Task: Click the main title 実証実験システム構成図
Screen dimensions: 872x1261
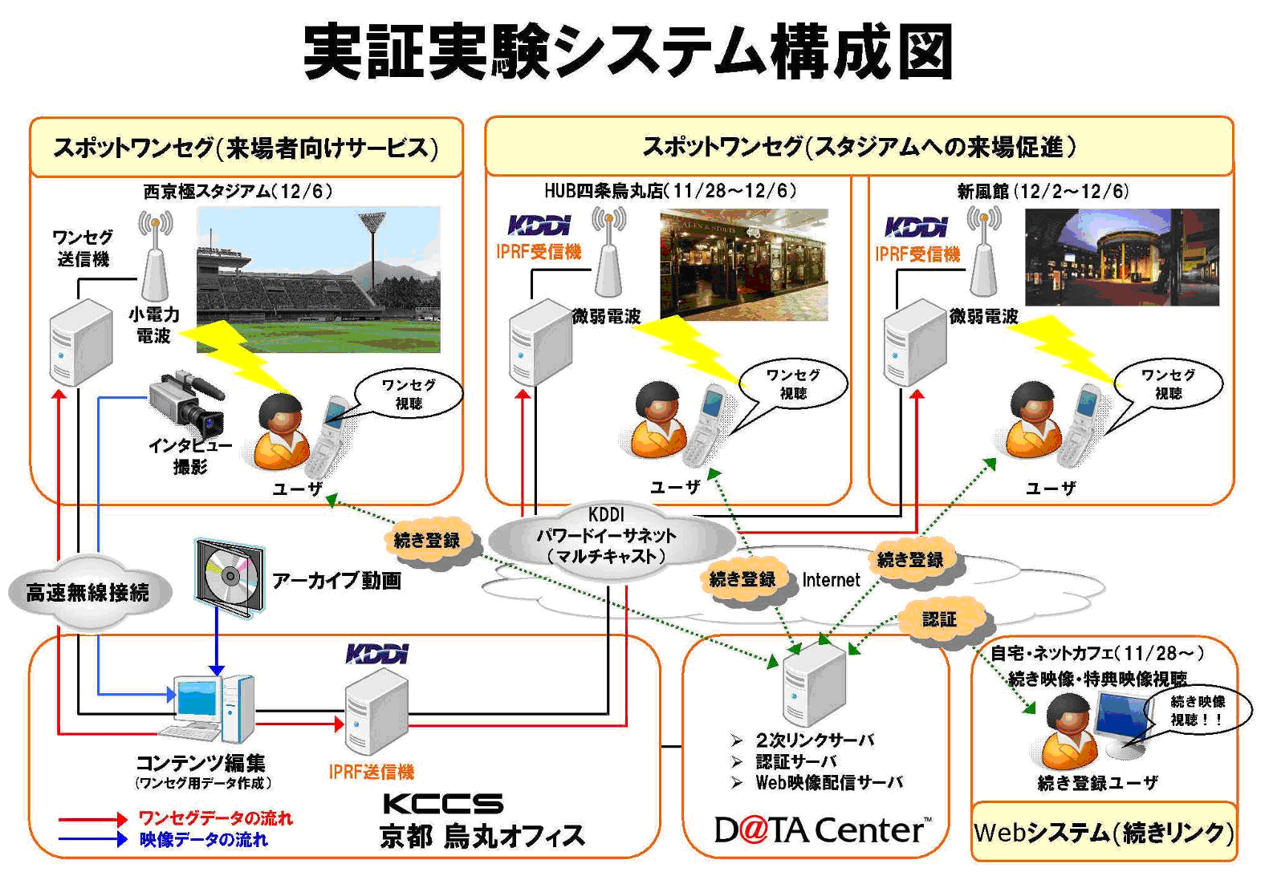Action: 628,51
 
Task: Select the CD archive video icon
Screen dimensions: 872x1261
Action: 230,577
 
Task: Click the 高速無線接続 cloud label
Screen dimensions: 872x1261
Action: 87,593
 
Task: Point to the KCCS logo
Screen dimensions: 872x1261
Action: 443,803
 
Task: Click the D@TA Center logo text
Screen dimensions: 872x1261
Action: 823,830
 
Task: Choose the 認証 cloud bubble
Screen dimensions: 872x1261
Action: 940,619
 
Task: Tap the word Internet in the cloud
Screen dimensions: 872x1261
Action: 831,580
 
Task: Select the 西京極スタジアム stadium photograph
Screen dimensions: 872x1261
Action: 318,279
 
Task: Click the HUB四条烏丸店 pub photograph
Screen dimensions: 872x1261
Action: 743,265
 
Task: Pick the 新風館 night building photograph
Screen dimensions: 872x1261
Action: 1121,257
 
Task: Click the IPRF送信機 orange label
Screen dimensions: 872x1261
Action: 372,772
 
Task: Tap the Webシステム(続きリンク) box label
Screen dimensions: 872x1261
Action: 1104,833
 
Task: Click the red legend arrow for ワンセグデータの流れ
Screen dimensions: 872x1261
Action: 92,819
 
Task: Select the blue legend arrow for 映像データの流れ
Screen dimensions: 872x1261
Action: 92,840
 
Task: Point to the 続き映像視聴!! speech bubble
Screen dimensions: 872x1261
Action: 1196,710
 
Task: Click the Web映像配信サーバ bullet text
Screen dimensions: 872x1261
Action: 828,783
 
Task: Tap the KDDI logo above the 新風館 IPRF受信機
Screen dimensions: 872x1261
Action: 917,227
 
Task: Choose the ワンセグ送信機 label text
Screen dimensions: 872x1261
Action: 83,248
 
